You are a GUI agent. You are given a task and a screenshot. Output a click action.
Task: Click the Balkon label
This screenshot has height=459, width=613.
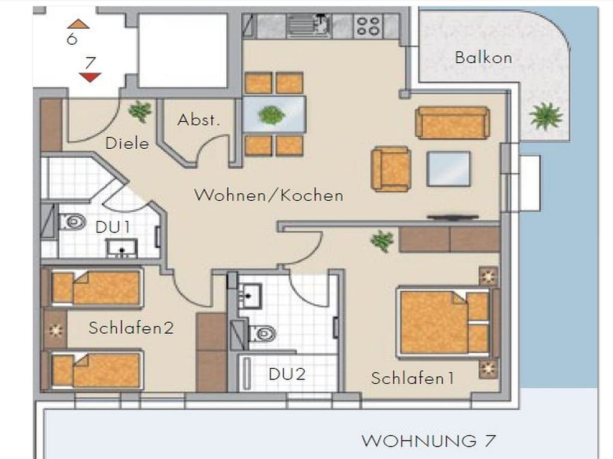[483, 58]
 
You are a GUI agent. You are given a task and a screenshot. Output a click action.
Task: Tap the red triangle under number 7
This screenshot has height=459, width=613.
[90, 77]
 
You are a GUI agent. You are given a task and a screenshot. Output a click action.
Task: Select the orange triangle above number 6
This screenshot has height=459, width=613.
[78, 24]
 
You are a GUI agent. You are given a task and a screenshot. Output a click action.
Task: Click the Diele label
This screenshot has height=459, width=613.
[128, 143]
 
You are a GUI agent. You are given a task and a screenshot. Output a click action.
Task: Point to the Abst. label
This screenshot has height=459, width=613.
[199, 120]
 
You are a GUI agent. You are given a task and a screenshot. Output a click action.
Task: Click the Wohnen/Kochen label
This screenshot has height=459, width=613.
[269, 195]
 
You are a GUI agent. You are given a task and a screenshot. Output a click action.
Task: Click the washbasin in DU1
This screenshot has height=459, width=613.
[122, 248]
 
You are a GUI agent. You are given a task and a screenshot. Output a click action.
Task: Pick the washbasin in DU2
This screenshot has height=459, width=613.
[250, 295]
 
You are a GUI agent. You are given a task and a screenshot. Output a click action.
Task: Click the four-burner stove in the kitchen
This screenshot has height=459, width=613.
[368, 26]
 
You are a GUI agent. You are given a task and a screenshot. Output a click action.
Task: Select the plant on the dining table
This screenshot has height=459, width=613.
[272, 115]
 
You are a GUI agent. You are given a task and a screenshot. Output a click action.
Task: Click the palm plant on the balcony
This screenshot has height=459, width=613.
[546, 116]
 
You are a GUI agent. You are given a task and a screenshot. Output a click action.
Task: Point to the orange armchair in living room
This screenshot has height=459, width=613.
[391, 169]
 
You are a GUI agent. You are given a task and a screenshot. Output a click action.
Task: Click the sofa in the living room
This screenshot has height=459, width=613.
[453, 123]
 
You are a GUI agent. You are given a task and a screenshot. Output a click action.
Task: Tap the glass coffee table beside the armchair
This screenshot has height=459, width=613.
[449, 169]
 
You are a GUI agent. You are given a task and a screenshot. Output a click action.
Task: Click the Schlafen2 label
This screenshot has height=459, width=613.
[131, 328]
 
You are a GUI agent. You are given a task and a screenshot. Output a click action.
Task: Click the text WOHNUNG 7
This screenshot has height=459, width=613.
[429, 441]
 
